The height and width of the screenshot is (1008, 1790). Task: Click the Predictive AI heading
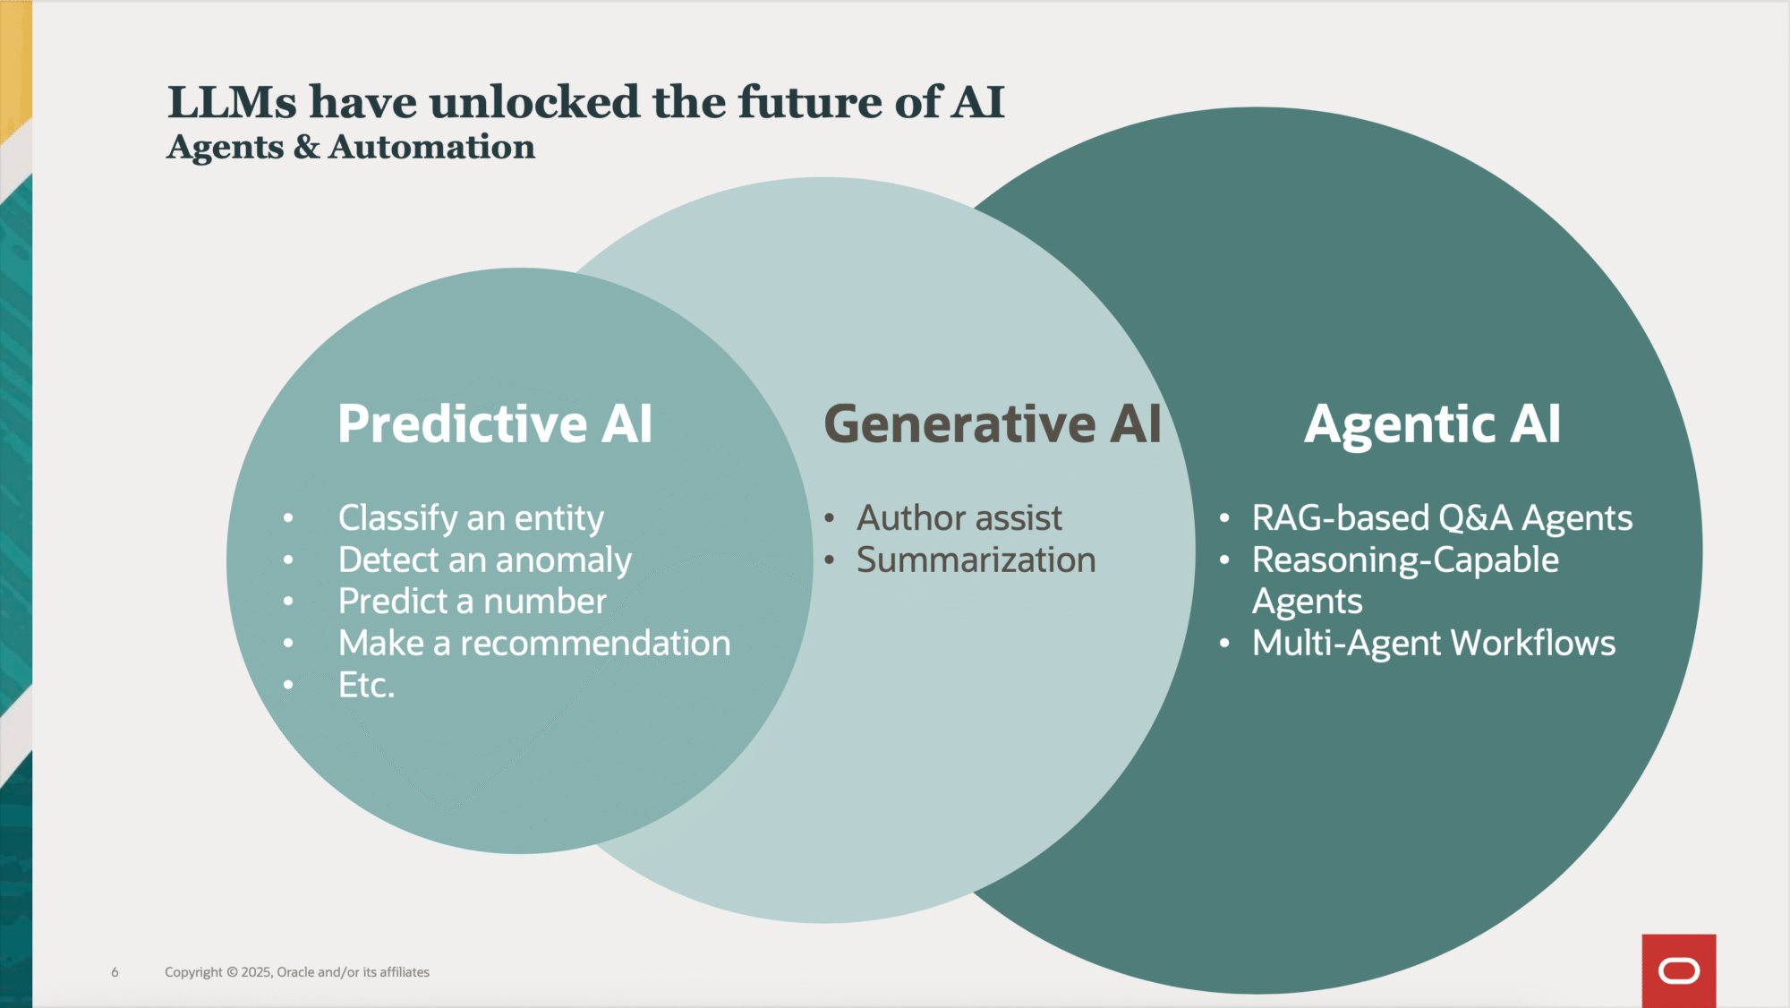[x=495, y=423]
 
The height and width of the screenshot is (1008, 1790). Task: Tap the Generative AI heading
[x=992, y=423]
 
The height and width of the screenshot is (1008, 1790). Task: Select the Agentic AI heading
[x=1432, y=423]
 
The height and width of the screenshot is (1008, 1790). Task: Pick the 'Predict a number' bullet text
[x=473, y=602]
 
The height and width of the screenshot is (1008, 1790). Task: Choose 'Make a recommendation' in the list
[x=534, y=644]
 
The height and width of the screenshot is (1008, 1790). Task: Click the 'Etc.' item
[x=366, y=686]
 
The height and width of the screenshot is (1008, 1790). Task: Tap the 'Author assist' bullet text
[x=959, y=518]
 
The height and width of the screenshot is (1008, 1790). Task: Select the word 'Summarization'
[x=976, y=560]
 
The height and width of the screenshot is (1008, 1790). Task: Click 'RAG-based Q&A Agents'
[x=1442, y=518]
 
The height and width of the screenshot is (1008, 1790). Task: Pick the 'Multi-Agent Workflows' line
[x=1434, y=644]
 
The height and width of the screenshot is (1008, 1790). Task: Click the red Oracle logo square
[x=1679, y=971]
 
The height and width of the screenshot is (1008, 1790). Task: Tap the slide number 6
[x=115, y=972]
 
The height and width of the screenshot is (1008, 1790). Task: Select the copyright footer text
[x=297, y=972]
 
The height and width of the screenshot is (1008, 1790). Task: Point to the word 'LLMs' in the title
[x=232, y=102]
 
